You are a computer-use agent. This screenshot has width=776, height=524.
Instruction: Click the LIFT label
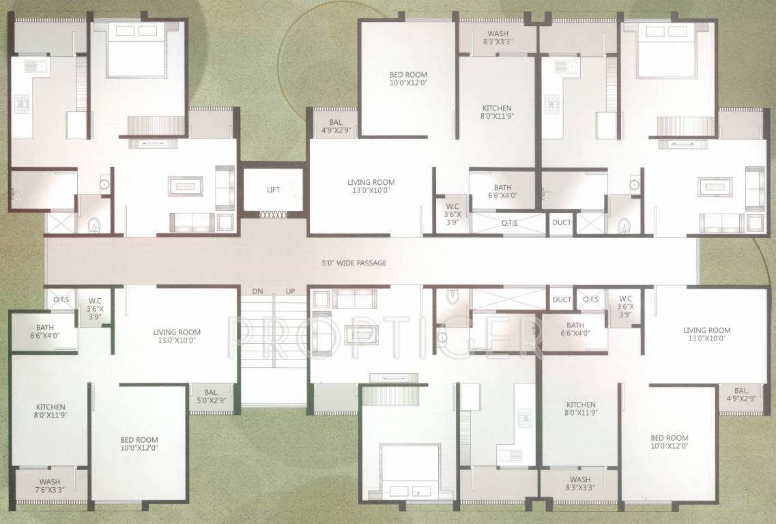click(274, 190)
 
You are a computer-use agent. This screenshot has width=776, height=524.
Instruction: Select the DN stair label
click(257, 291)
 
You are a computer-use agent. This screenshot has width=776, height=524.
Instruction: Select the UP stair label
click(290, 291)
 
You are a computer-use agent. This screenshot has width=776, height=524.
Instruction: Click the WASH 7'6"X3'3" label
click(49, 485)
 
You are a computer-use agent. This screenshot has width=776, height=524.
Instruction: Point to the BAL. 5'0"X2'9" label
click(211, 396)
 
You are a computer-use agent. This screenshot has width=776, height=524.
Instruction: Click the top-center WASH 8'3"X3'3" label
click(497, 38)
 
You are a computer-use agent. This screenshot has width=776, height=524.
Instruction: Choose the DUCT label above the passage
click(561, 222)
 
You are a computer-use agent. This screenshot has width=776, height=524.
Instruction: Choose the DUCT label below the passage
click(561, 300)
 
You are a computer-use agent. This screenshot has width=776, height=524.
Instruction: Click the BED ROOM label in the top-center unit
click(408, 78)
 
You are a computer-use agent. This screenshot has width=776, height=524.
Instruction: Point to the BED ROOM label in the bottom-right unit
click(669, 442)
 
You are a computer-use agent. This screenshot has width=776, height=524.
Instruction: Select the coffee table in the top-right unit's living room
click(714, 186)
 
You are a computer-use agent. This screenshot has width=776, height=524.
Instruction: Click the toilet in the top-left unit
click(95, 224)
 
